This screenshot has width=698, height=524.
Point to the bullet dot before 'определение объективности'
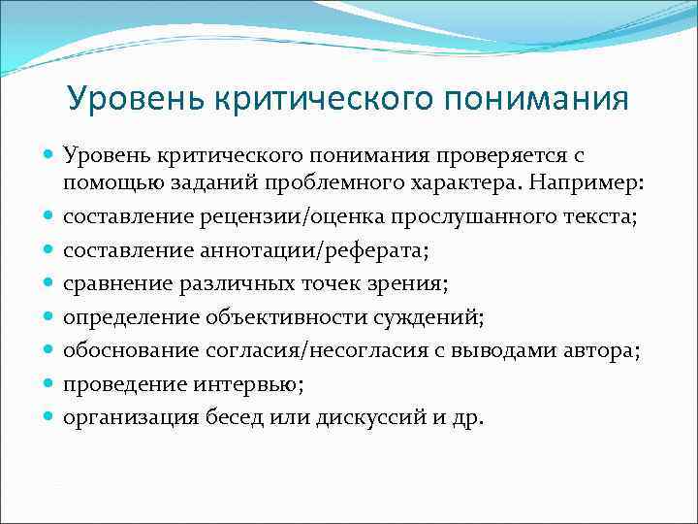48,317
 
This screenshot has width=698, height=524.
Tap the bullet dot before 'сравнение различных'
48,284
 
